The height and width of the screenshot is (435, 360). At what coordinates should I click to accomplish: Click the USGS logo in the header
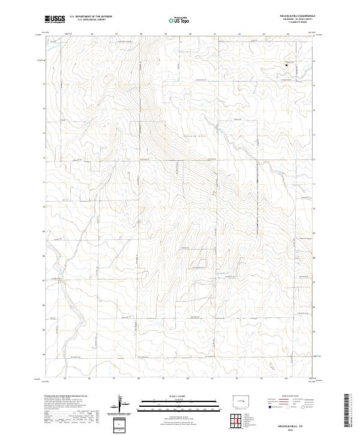pos(55,20)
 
